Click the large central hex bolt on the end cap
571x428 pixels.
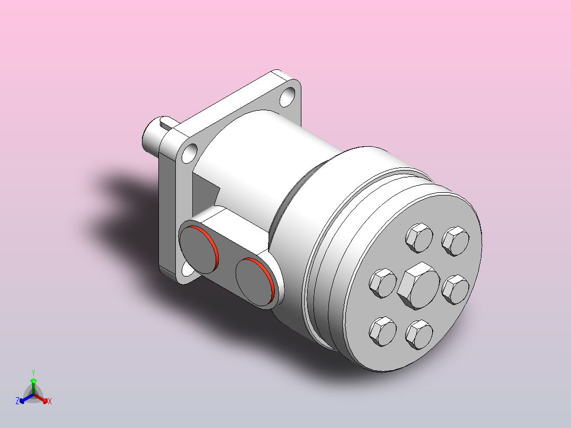[x=418, y=286]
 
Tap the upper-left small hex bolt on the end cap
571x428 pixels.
[x=419, y=238]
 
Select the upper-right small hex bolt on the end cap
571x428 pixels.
[x=456, y=241]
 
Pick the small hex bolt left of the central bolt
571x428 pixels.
[x=383, y=283]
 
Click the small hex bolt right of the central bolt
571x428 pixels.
[x=456, y=290]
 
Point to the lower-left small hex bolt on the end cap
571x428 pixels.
[x=383, y=331]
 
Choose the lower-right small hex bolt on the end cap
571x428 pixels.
[x=419, y=334]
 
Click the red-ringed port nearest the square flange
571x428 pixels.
[x=199, y=249]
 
